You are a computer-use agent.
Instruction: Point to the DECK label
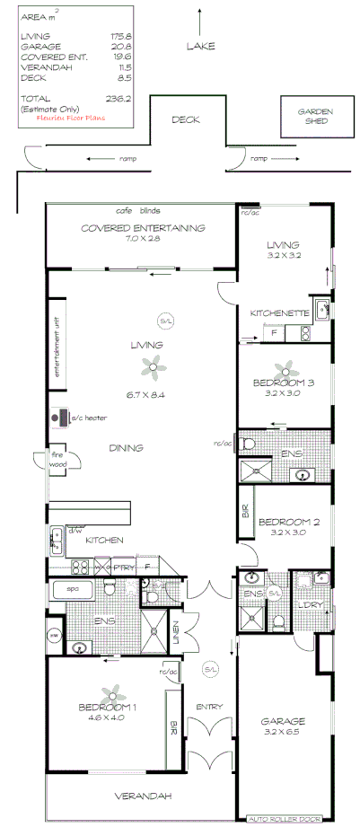tap(185, 119)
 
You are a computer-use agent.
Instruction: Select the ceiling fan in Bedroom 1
tap(112, 692)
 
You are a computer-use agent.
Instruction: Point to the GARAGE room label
tap(283, 721)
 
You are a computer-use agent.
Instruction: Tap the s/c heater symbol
tap(65, 418)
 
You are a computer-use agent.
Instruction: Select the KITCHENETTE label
tap(280, 312)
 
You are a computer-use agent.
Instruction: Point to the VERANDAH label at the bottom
tap(142, 796)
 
